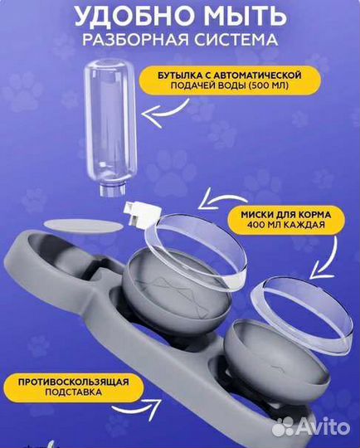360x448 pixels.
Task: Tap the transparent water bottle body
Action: coord(116,124)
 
